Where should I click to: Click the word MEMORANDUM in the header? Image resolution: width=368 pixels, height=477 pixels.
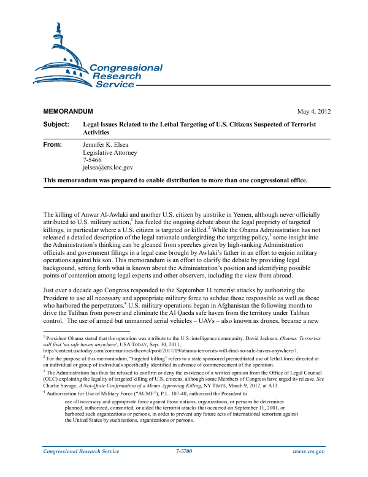[67, 112]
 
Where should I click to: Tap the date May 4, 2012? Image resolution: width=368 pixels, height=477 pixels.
[313, 112]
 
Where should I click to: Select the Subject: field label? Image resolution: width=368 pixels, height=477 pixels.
[57, 125]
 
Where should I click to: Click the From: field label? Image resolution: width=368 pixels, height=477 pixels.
[54, 145]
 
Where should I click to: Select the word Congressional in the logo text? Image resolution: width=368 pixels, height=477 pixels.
[126, 68]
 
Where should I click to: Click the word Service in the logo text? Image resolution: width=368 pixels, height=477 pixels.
[115, 84]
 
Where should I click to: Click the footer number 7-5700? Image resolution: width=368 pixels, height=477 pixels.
[184, 468]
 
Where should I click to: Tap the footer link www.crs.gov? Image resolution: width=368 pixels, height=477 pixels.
[310, 468]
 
